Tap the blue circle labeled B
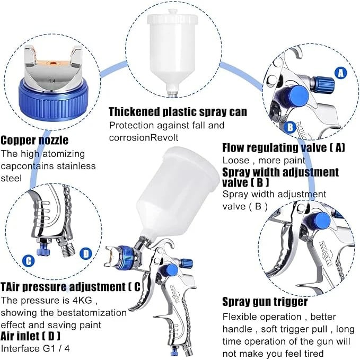coord(290,127)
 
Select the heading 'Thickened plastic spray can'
coord(178,112)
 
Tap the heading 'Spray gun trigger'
coord(265,302)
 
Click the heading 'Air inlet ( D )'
coord(31,336)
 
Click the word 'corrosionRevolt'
coord(144,137)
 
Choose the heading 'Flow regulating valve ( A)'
coord(284,147)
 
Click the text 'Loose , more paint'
coord(264,160)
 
